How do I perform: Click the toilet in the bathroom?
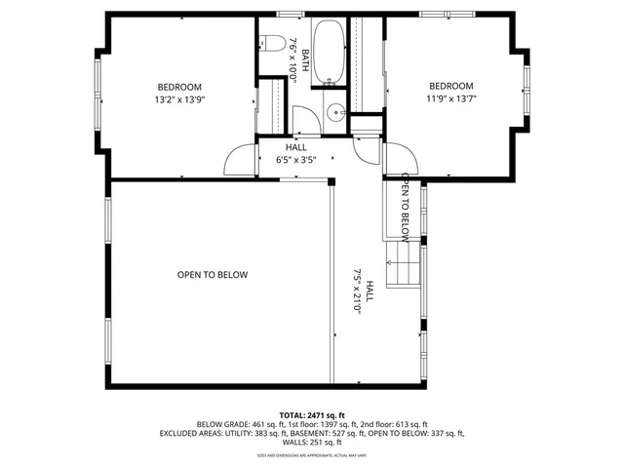click(x=271, y=43)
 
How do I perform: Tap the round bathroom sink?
click(x=336, y=112)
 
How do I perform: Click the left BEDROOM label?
click(x=179, y=86)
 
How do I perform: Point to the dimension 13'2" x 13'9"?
click(x=179, y=98)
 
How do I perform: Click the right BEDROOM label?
click(x=450, y=86)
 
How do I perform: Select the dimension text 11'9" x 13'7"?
click(x=450, y=97)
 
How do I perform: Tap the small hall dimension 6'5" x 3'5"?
click(x=295, y=159)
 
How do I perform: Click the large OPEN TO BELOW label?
click(x=213, y=275)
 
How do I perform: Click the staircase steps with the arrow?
click(x=401, y=265)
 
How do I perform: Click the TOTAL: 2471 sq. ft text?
click(x=312, y=414)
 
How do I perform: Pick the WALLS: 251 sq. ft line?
click(x=312, y=443)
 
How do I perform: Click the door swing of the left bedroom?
click(x=242, y=159)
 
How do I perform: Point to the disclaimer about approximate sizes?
click(x=312, y=454)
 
